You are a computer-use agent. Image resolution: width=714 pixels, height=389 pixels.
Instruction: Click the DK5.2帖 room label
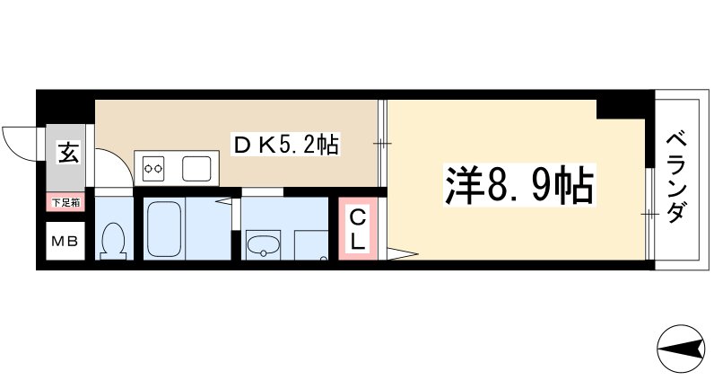pyautogui.click(x=284, y=145)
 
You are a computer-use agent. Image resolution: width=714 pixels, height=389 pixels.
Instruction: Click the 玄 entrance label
pyautogui.click(x=67, y=154)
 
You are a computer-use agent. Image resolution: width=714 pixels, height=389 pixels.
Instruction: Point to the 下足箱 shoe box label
pyautogui.click(x=65, y=203)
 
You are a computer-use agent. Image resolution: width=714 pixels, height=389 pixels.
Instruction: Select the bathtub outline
pyautogui.click(x=165, y=229)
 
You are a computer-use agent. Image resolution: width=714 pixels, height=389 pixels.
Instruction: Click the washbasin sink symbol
pyautogui.click(x=263, y=244)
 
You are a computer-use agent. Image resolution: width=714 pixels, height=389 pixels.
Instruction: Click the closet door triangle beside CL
pyautogui.click(x=399, y=254)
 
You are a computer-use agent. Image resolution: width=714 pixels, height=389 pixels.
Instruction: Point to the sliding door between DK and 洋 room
pyautogui.click(x=384, y=144)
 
